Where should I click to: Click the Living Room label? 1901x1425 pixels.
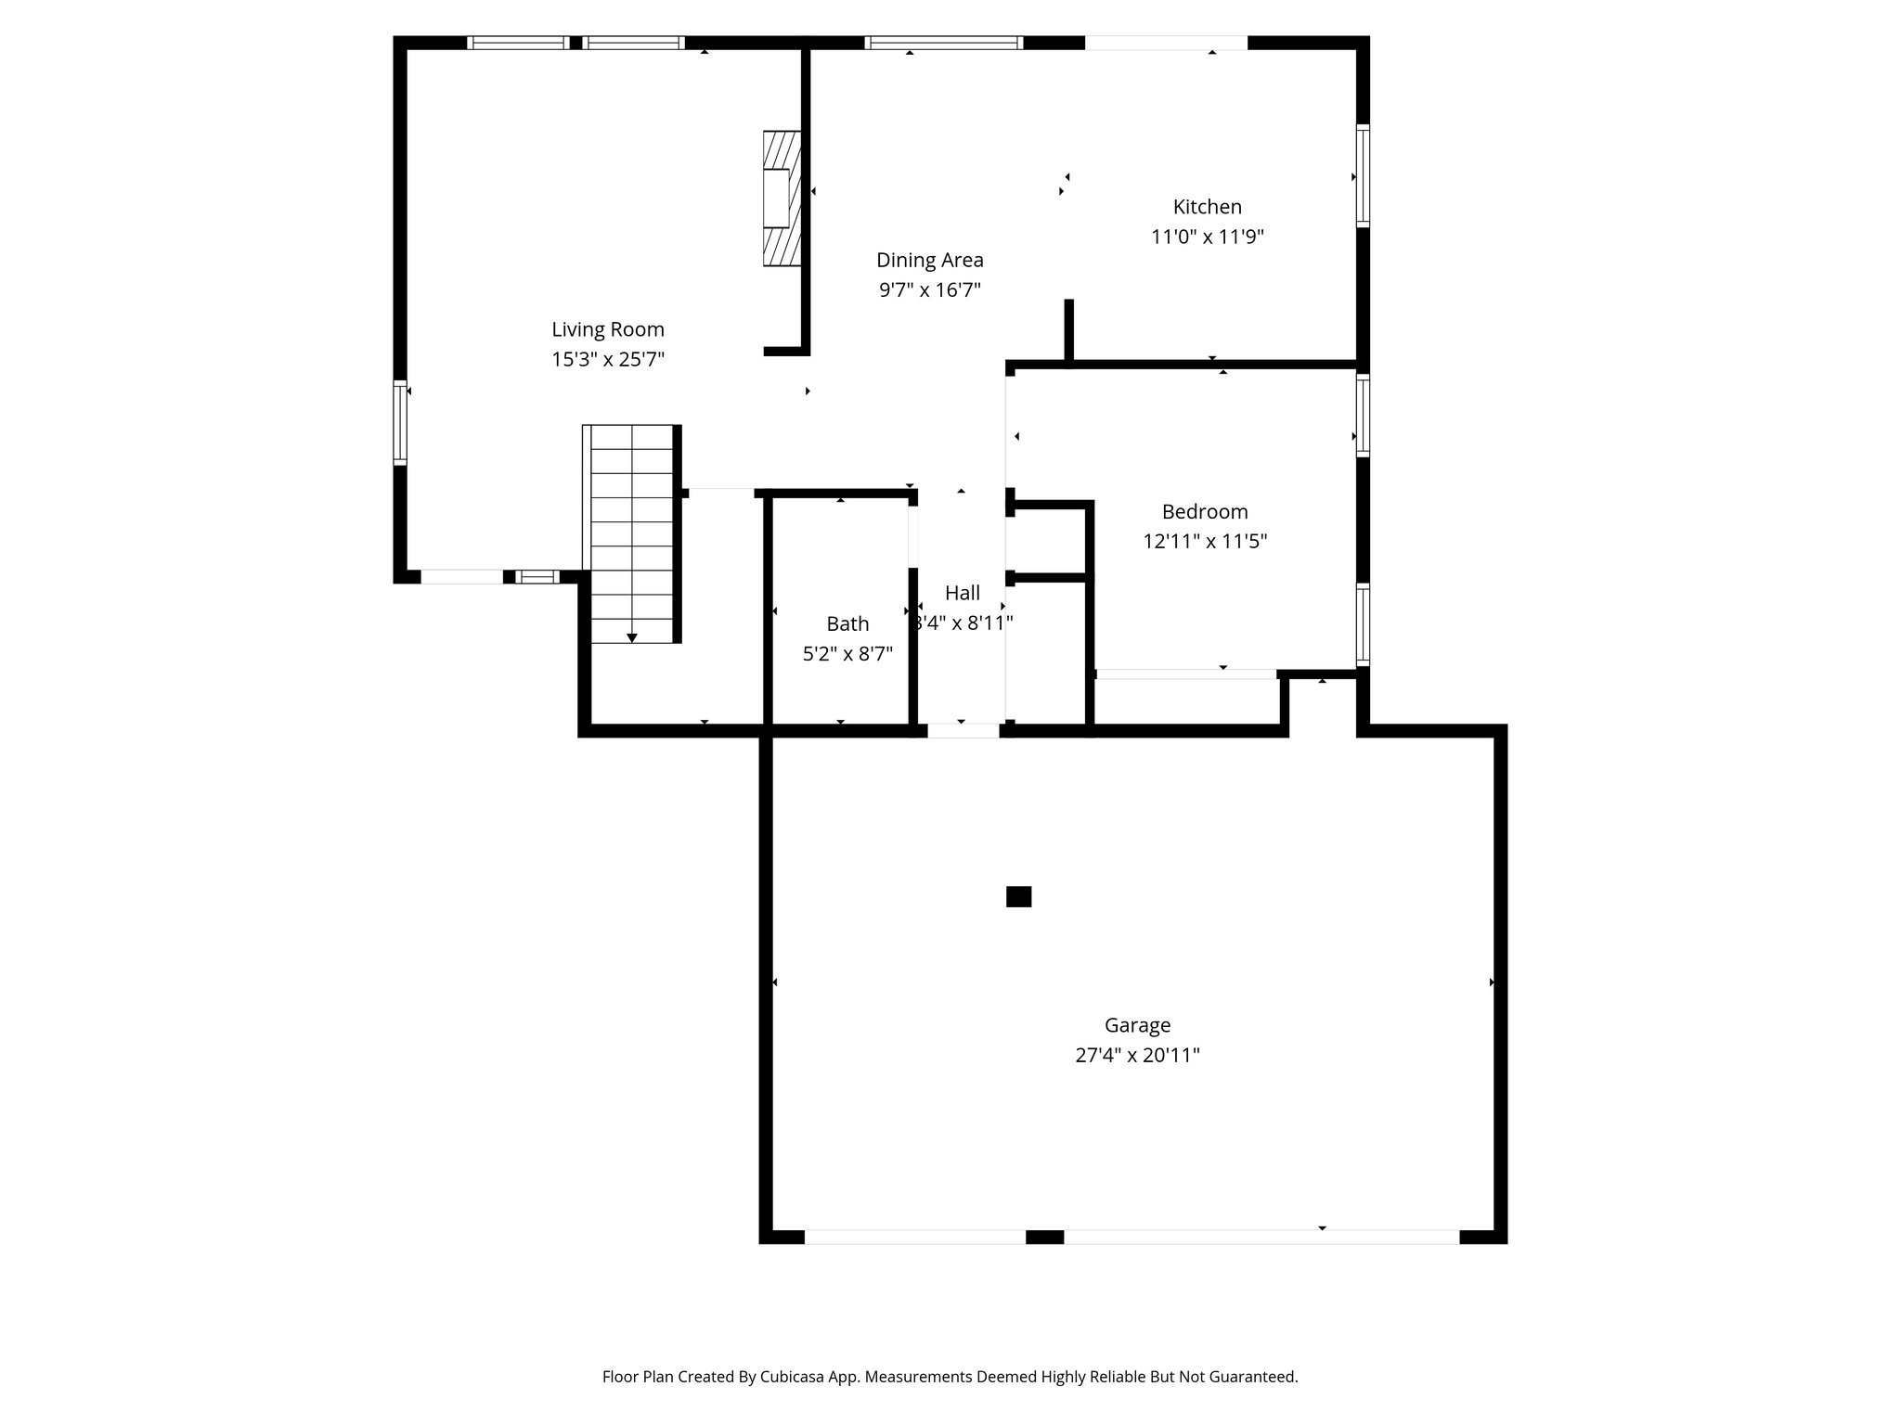[x=608, y=329]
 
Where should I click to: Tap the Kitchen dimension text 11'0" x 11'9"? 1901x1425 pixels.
[x=1207, y=237]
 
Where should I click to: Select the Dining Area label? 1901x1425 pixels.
[x=929, y=260]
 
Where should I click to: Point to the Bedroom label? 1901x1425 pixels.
[x=1204, y=511]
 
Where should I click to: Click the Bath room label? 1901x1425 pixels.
[x=847, y=623]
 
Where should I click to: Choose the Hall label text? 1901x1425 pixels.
[x=962, y=593]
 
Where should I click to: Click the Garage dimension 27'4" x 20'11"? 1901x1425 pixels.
[x=1137, y=1055]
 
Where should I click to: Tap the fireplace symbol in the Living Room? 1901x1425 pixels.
[x=781, y=199]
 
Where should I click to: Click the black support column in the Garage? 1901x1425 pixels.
[x=1018, y=896]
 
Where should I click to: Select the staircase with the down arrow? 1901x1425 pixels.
[x=632, y=533]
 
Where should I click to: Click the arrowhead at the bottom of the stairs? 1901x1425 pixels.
[x=632, y=638]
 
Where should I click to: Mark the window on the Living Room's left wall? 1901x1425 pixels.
[x=400, y=422]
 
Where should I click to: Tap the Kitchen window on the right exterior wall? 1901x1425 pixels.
[x=1363, y=175]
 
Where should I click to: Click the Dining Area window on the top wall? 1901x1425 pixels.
[x=943, y=43]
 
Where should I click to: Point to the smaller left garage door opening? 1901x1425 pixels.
[x=914, y=1237]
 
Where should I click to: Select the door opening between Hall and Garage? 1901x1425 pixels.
[x=963, y=731]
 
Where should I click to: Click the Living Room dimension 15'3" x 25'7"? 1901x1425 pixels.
[x=608, y=359]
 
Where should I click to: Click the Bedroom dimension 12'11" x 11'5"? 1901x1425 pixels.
[x=1204, y=541]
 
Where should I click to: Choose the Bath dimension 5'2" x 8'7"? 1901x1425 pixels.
[x=847, y=653]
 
